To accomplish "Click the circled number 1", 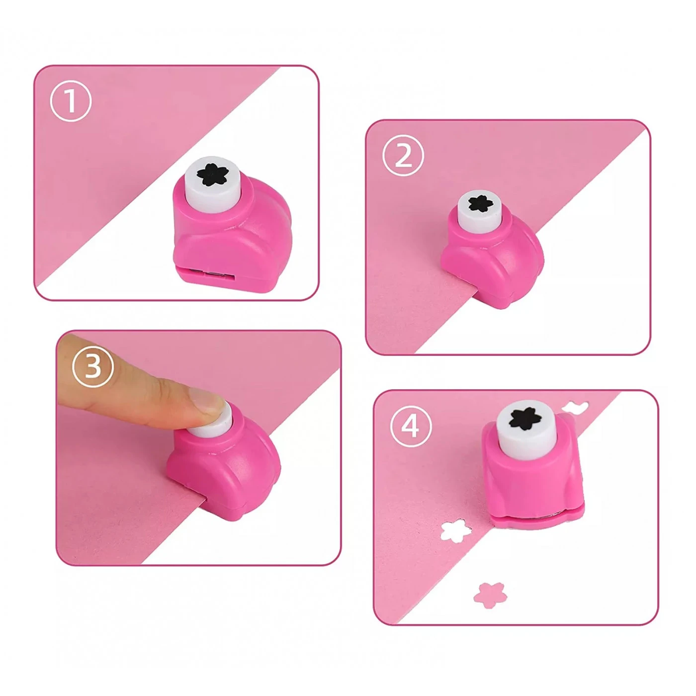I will click(x=71, y=101).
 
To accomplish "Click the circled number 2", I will click(x=403, y=155).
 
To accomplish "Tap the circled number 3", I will click(x=93, y=367).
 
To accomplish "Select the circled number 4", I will click(x=410, y=427).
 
